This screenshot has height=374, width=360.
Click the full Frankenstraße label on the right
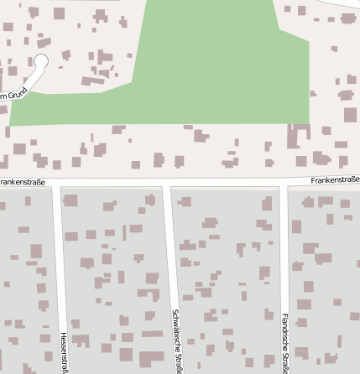(334, 179)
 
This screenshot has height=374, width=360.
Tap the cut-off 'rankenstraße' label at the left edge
(23, 180)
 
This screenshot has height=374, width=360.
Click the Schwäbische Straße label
(177, 340)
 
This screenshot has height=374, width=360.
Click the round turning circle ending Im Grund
(41, 61)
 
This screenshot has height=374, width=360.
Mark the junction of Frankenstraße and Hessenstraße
(56, 183)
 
